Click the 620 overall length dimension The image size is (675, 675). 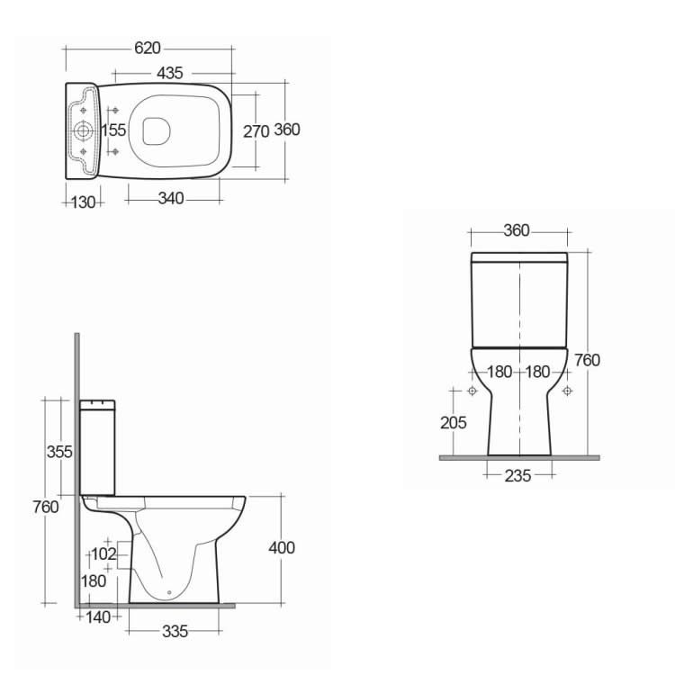(148, 49)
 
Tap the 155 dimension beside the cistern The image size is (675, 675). (113, 130)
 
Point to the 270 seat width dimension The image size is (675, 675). (256, 130)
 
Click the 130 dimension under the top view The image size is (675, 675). (83, 202)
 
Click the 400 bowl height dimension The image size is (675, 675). (282, 547)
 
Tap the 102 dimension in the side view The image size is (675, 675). (104, 553)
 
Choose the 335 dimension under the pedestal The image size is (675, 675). (175, 632)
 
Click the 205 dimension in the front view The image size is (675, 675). (454, 421)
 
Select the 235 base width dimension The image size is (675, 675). (517, 475)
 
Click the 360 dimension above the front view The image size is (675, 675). (517, 230)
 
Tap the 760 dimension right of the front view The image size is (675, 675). (587, 360)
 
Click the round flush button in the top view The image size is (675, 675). (84, 131)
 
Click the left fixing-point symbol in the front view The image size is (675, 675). (472, 391)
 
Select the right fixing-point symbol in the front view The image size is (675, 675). (567, 391)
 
